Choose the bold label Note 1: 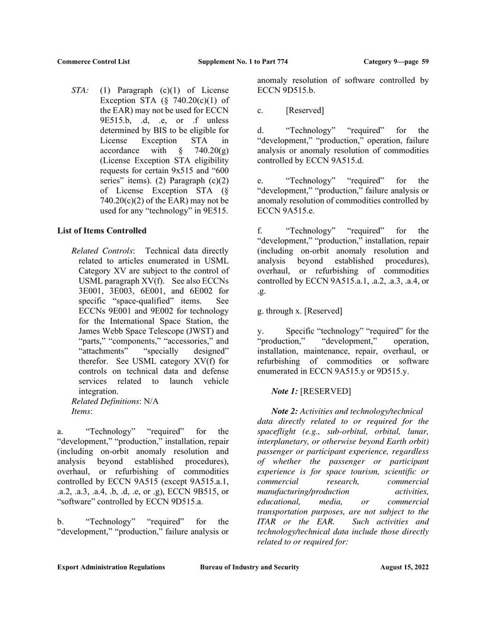pyautogui.click(x=285, y=391)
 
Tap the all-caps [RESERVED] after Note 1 pyautogui.click(x=326, y=391)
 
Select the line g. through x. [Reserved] pyautogui.click(x=300, y=311)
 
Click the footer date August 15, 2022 pyautogui.click(x=404, y=567)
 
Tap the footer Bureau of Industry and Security pyautogui.click(x=250, y=567)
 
